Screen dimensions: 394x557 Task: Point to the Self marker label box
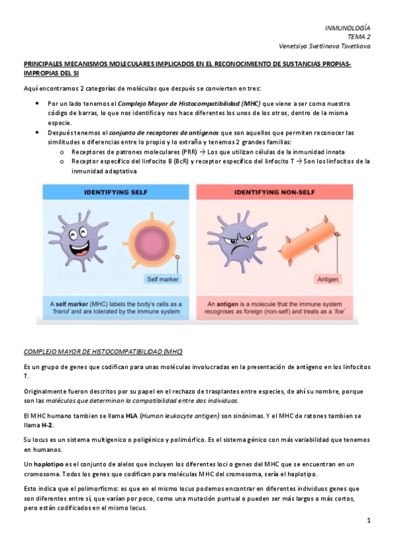(162, 279)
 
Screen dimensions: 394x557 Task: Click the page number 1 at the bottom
(370, 521)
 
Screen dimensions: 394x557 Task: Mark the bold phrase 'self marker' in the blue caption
(74, 305)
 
